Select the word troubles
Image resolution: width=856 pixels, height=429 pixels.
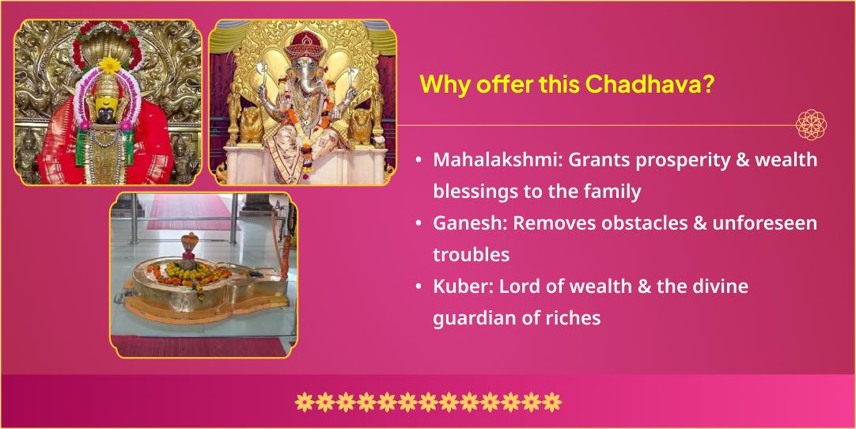pyautogui.click(x=472, y=255)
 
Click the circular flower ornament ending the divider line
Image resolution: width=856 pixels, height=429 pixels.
pyautogui.click(x=811, y=124)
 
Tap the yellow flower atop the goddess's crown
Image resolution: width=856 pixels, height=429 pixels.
pyautogui.click(x=110, y=65)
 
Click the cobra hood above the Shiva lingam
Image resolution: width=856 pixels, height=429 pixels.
pyautogui.click(x=189, y=241)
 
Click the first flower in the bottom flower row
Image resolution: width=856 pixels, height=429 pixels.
pyautogui.click(x=304, y=401)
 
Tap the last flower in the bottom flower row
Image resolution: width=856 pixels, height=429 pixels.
pyautogui.click(x=551, y=401)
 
